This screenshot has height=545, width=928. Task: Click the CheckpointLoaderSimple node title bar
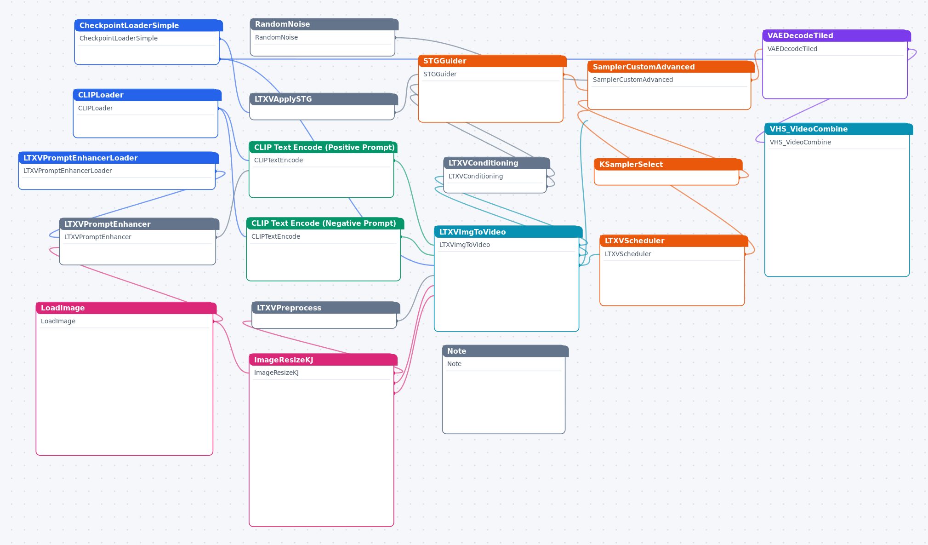click(148, 25)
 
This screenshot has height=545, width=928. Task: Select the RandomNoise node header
click(324, 24)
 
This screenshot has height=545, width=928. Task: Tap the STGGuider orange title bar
click(492, 61)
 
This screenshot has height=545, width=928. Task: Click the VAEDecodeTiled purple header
click(837, 36)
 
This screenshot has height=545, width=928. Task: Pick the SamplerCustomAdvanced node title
click(671, 67)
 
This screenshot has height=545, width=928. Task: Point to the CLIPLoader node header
click(147, 95)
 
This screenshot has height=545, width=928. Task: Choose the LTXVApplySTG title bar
click(324, 99)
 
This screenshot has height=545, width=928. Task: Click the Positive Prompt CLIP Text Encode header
click(323, 148)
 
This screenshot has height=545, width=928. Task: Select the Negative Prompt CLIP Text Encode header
click(325, 224)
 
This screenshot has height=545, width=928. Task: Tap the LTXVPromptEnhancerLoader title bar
click(119, 158)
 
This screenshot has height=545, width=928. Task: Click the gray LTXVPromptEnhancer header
click(139, 224)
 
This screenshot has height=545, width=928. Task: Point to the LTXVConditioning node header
click(497, 163)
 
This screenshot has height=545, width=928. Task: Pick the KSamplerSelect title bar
click(668, 165)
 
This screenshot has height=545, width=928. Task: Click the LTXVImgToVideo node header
click(508, 232)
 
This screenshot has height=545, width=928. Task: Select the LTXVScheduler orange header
click(674, 241)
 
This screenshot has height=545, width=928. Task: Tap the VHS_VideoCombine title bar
click(839, 129)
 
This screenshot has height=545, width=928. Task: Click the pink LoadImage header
click(126, 308)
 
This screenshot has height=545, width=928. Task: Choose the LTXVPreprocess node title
click(326, 308)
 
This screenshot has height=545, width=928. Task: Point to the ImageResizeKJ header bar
click(323, 360)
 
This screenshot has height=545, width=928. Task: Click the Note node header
click(506, 351)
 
